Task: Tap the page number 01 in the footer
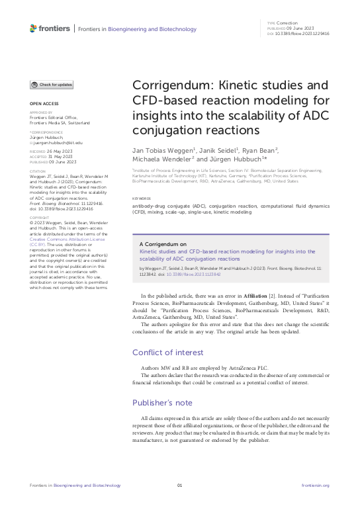pos(179,486)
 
